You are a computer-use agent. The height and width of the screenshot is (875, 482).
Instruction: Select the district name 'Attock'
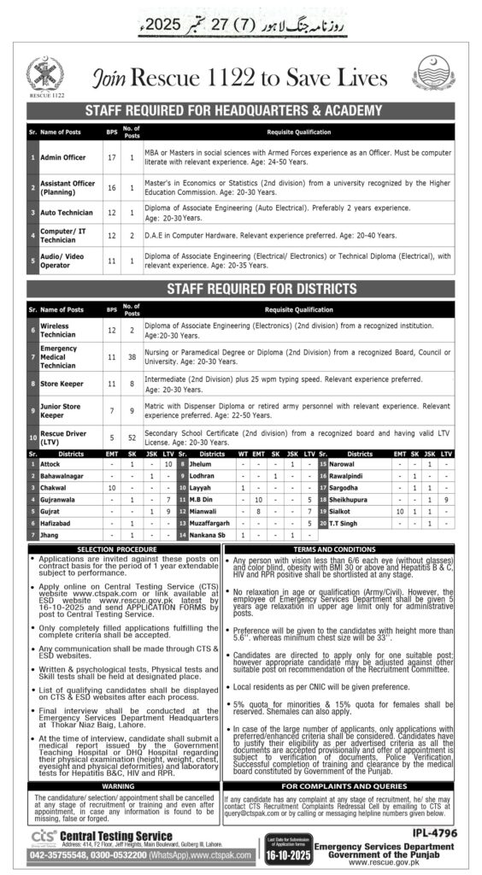coord(50,463)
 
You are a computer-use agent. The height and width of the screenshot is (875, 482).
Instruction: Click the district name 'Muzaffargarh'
coord(209,521)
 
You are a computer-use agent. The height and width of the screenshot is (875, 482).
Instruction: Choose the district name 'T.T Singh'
coord(344,521)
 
